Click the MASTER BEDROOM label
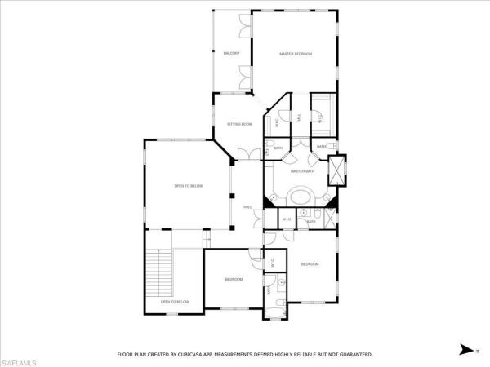296,54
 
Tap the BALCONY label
232,54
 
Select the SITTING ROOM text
239,124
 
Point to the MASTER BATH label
303,171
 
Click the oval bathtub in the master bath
301,197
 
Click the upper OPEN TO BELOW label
188,186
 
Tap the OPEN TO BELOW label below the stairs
175,302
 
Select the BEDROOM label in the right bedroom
310,264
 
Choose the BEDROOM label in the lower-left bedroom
234,280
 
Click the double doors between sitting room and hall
244,153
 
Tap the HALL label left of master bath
247,208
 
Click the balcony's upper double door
243,27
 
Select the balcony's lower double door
243,79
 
